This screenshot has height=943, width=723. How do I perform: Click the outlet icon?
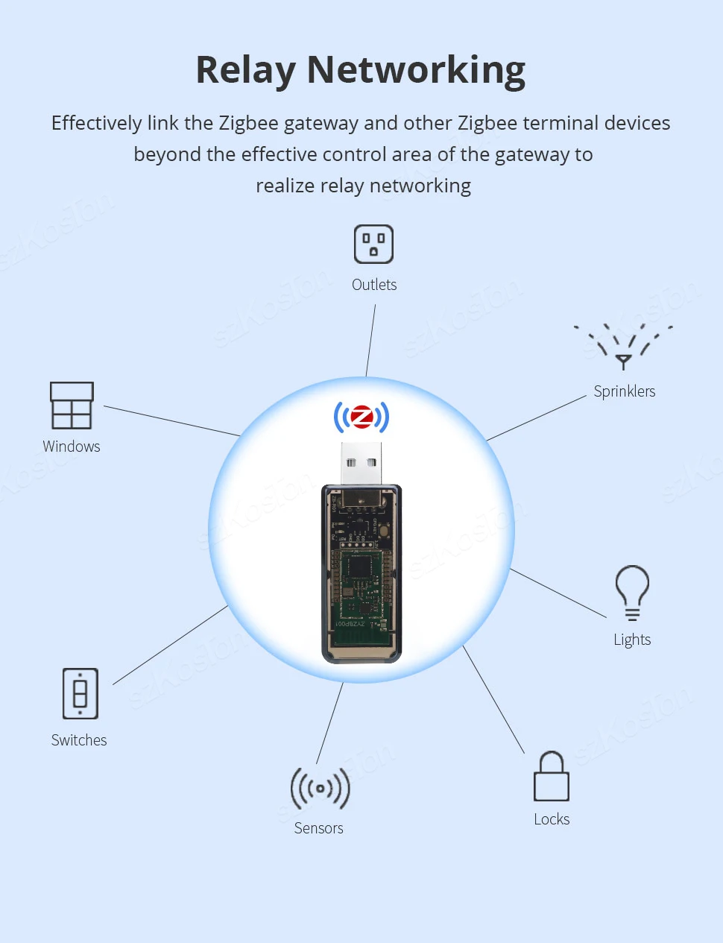373,244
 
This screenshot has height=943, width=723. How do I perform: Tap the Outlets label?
374,285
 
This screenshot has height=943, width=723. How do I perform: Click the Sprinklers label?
625,391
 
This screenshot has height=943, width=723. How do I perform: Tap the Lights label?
632,640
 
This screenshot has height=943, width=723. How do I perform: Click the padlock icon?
552,777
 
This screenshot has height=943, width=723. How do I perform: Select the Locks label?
552,819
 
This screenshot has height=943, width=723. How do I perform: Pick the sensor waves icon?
320,788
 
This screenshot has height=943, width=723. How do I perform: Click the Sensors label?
319,828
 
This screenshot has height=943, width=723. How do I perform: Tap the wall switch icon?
80,693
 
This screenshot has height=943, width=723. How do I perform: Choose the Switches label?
79,740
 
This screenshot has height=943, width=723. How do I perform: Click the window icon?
72,406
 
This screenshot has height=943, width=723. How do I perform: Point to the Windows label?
72,447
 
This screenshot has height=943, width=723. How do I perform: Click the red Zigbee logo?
361,417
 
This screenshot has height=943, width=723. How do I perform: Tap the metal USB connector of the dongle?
361,462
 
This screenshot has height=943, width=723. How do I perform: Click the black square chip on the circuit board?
361,567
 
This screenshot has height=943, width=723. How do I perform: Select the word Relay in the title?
245,70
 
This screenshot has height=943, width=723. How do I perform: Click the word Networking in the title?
416,70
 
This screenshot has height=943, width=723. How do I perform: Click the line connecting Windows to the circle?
171,421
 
